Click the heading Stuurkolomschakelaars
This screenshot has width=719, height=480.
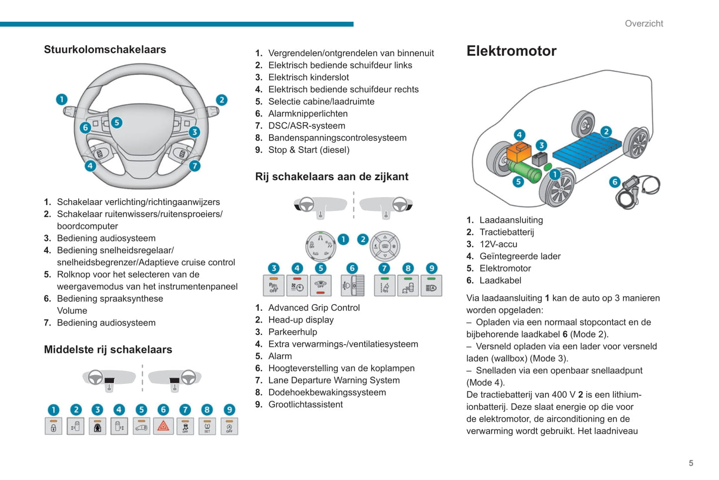[x=105, y=49]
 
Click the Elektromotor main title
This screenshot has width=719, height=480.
[x=511, y=51]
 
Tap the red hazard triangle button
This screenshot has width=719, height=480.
[x=163, y=426]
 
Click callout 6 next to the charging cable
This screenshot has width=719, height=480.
[x=615, y=182]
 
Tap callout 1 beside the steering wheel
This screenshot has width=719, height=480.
[x=62, y=100]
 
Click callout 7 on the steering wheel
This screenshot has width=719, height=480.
[x=195, y=166]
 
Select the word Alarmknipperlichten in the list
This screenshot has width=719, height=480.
[x=308, y=114]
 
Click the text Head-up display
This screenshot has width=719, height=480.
[x=301, y=320]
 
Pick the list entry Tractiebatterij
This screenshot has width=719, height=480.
[x=507, y=232]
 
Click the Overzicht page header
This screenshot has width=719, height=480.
[x=644, y=23]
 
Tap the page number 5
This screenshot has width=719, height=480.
[x=691, y=463]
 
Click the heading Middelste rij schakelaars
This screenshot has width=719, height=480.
[x=108, y=350]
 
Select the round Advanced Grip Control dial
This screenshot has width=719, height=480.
[x=320, y=246]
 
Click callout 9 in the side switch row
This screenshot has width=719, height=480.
[x=431, y=268]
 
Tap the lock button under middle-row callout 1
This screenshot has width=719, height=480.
[x=54, y=426]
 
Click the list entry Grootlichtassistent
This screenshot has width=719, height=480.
[x=305, y=404]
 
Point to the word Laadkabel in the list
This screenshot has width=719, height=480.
[x=500, y=280]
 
